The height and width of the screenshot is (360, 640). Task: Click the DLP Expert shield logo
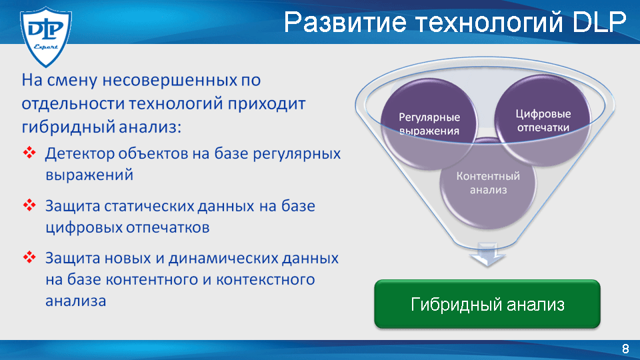point(46,37)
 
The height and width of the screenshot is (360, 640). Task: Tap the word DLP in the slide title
point(599,22)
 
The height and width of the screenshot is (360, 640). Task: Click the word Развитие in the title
point(345,22)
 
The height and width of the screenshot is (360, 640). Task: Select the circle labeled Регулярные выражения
point(429,124)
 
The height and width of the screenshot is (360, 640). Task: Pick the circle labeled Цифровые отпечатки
point(543,120)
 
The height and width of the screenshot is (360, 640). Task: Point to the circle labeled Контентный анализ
point(488,183)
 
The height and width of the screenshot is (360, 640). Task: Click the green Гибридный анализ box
point(487,304)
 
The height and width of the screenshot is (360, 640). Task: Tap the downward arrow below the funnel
point(487,255)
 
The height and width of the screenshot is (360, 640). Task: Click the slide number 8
point(625,349)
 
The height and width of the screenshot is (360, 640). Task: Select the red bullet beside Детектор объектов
point(29,153)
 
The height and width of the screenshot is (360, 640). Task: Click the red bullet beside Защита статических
point(29,205)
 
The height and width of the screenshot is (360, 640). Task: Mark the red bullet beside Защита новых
point(29,257)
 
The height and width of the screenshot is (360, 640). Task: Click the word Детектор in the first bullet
point(79,154)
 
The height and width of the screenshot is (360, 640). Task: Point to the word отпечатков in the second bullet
point(168,227)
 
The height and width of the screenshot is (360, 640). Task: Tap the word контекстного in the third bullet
point(265,279)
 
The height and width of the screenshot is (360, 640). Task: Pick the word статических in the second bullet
point(149,206)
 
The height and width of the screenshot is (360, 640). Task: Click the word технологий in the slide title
point(489,23)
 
